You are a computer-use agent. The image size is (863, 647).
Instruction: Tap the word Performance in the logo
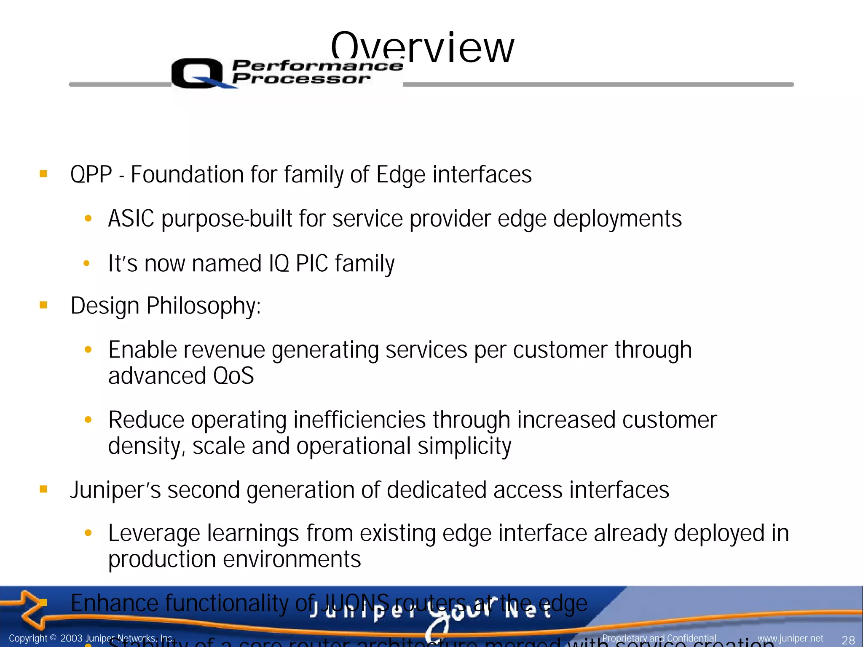pyautogui.click(x=317, y=66)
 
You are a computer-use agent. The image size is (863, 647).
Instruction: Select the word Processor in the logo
pyautogui.click(x=301, y=79)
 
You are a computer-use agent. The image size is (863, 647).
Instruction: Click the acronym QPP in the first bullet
pyautogui.click(x=91, y=174)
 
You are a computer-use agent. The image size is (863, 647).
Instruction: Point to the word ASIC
pyautogui.click(x=131, y=219)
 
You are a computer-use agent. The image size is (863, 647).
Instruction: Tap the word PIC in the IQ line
pyautogui.click(x=312, y=263)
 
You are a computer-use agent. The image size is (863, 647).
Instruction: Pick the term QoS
pyautogui.click(x=233, y=376)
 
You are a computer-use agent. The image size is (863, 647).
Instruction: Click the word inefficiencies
pyautogui.click(x=359, y=420)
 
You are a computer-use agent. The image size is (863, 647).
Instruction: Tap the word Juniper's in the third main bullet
pyautogui.click(x=115, y=490)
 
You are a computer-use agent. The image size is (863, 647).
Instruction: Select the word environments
pyautogui.click(x=292, y=559)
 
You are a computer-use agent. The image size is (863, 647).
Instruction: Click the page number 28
pyautogui.click(x=848, y=639)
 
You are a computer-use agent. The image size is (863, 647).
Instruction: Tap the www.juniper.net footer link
pyautogui.click(x=790, y=639)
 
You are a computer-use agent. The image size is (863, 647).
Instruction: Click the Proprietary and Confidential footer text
pyautogui.click(x=659, y=639)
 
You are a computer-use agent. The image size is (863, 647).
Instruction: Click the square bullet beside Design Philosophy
pyautogui.click(x=43, y=305)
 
